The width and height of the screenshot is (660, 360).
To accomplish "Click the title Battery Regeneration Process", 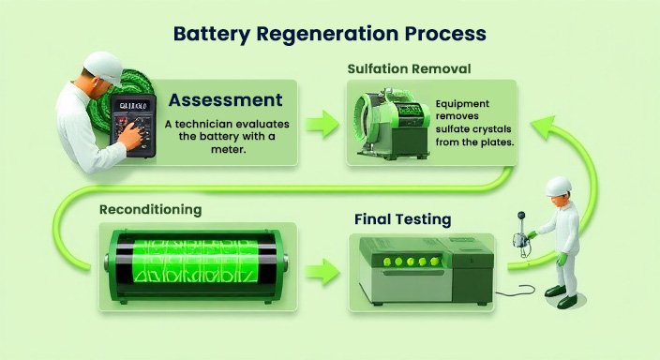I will click(x=330, y=33).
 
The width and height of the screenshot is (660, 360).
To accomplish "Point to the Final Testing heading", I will click(x=404, y=219).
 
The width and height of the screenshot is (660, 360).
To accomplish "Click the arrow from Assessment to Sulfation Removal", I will click(x=321, y=121).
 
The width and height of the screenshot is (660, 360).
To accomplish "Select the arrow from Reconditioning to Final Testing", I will click(x=321, y=274).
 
